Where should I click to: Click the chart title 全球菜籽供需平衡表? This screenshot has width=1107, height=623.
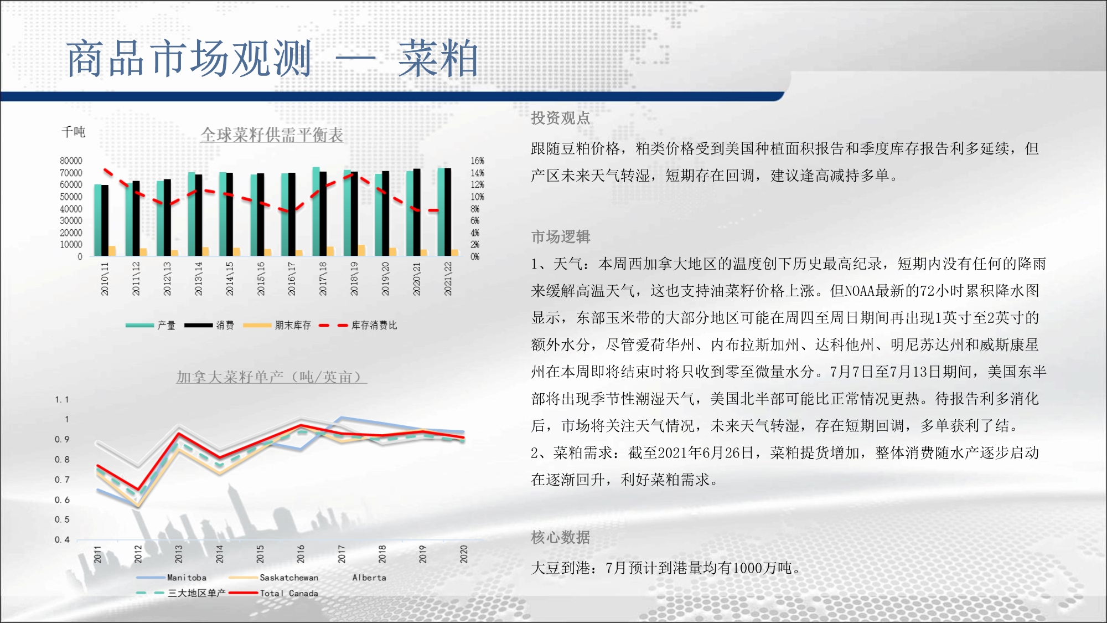272,135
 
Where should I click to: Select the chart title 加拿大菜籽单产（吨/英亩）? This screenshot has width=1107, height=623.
271,377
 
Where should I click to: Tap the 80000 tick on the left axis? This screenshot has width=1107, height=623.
71,161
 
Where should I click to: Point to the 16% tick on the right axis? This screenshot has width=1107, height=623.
477,161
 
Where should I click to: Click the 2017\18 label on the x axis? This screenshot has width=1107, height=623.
323,279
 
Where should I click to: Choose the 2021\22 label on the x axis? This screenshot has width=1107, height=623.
448,279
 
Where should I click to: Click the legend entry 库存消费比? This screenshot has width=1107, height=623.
358,325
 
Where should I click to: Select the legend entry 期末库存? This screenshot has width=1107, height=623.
277,325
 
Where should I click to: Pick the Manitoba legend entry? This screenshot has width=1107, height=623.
172,578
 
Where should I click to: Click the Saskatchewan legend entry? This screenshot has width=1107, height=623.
273,578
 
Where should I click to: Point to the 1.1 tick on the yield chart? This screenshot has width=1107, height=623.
62,400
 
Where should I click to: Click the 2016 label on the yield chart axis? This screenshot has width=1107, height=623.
301,554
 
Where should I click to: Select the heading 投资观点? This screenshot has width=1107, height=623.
561,118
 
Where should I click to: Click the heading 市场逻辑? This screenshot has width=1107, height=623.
561,237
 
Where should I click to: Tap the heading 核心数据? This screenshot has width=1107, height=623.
561,537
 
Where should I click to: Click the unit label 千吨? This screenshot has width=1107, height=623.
73,132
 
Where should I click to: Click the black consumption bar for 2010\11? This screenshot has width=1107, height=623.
105,220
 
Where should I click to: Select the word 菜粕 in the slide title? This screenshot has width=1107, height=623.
438,59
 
